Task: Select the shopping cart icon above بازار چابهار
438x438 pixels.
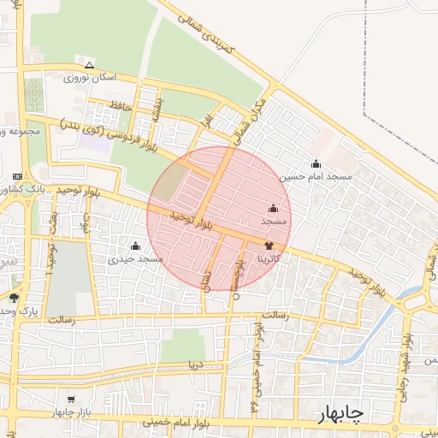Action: (x=71, y=400)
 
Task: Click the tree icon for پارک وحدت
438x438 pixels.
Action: (x=14, y=298)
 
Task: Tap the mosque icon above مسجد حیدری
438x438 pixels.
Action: (x=136, y=246)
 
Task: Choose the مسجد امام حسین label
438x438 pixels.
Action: (x=317, y=176)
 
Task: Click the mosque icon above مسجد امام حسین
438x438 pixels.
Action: (x=317, y=163)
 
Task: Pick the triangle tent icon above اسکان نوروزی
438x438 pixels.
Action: (x=89, y=65)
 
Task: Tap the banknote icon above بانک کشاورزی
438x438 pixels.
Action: (x=16, y=175)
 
